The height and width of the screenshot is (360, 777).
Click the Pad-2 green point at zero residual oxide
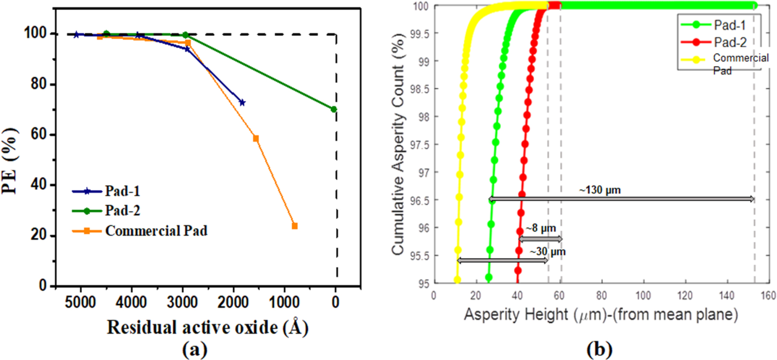click(334, 110)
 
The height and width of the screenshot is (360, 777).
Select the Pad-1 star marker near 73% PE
click(242, 102)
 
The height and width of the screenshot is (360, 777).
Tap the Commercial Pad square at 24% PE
click(295, 225)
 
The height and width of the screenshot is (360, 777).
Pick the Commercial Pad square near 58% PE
click(256, 138)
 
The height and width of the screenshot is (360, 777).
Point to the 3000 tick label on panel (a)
click(182, 302)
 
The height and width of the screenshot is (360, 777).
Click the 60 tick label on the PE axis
click(38, 134)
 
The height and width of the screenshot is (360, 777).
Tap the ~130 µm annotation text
click(600, 190)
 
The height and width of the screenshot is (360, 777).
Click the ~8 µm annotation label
click(541, 228)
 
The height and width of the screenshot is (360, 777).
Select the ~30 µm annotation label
click(548, 252)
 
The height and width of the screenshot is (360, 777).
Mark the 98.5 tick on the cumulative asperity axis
click(420, 89)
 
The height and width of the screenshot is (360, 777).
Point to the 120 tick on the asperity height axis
click(685, 295)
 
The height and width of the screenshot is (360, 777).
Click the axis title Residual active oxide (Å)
click(207, 328)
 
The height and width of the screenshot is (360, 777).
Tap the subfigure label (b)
click(599, 349)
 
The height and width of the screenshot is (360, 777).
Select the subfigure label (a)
click(195, 349)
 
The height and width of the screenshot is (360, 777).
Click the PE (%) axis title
click(10, 160)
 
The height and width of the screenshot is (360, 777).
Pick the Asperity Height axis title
click(601, 315)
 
